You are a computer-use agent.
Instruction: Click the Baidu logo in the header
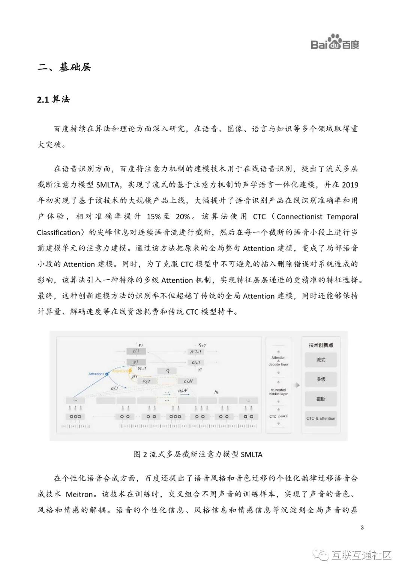335,42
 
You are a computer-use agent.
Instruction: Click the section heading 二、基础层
64,67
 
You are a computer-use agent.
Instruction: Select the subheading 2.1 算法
53,99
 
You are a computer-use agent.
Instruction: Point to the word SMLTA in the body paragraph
108,184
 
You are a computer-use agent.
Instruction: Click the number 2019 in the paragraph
350,184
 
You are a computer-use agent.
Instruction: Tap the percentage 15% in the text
154,216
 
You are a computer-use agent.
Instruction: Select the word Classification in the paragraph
58,232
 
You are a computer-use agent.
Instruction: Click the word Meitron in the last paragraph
79,494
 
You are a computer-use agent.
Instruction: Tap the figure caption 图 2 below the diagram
198,454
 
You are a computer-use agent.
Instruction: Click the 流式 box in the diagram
321,360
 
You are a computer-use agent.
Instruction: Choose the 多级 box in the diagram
321,379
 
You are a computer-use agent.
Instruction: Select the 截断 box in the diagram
321,399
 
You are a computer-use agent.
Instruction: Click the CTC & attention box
321,418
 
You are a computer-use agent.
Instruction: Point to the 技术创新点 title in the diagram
321,345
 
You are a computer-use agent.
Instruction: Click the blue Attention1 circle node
107,374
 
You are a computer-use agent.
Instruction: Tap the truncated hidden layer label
278,392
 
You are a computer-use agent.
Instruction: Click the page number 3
362,528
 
